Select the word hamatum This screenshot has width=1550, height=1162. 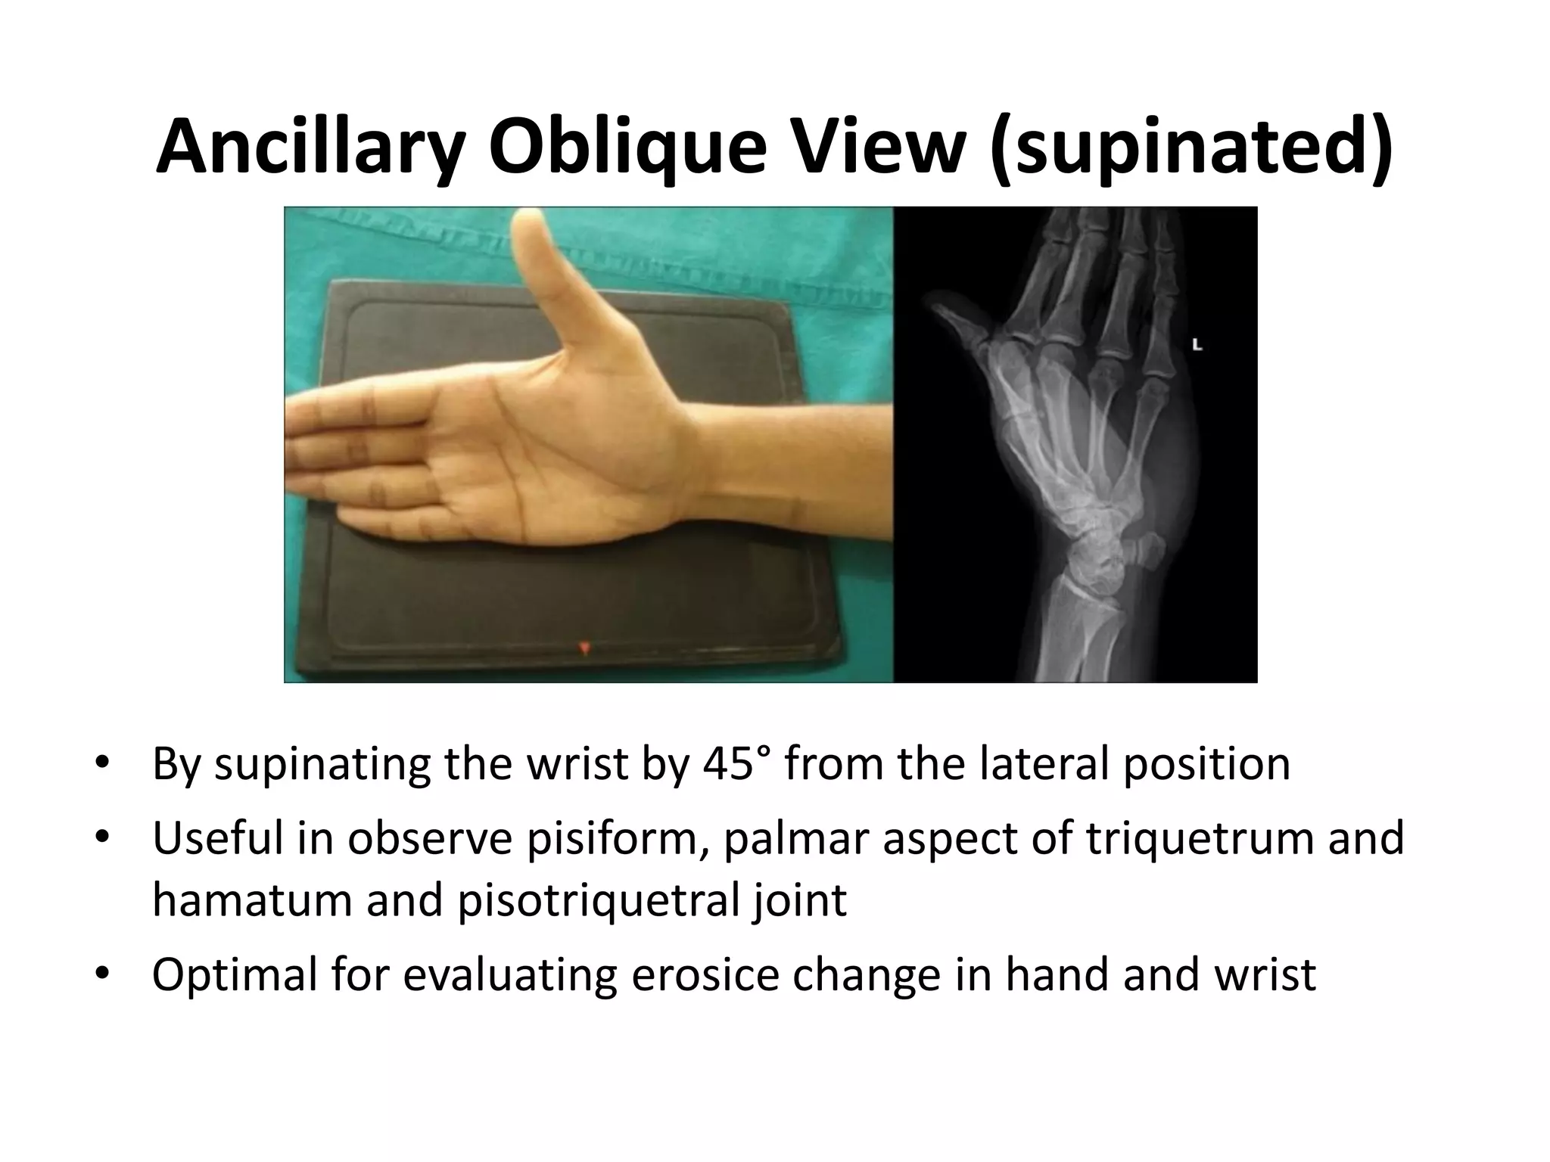(253, 900)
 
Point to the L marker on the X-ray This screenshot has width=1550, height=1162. (1197, 345)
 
